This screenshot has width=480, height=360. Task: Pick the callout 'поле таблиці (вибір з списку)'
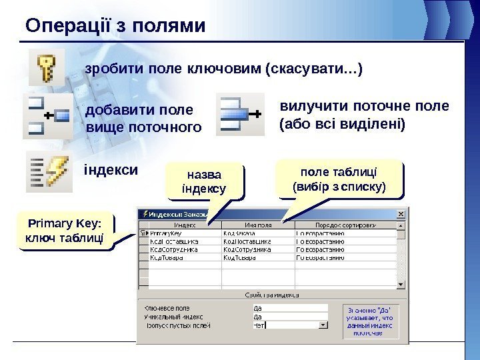point(339,179)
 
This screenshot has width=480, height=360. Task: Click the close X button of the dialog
point(401,215)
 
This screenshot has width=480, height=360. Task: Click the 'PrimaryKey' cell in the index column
point(166,233)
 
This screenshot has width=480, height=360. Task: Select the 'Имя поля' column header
point(257,225)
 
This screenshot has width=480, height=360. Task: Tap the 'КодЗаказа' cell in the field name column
point(238,233)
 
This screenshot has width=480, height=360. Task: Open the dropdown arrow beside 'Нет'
point(324,326)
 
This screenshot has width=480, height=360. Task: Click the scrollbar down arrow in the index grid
point(401,284)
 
